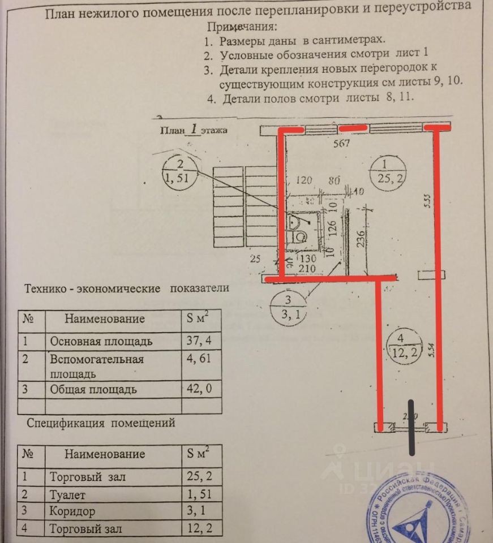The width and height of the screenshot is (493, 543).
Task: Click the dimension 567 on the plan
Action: [x=341, y=143]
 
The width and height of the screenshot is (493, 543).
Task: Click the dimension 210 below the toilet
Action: [x=308, y=268]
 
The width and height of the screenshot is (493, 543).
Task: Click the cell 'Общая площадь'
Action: [x=93, y=390]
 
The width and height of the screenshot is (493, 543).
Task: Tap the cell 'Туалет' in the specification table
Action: [x=68, y=494]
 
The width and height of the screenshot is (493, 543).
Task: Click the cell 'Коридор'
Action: [x=72, y=512]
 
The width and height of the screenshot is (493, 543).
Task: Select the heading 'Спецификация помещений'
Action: [x=101, y=423]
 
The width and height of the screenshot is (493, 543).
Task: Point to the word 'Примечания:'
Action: [x=242, y=27]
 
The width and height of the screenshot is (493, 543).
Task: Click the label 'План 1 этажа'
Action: [x=193, y=130]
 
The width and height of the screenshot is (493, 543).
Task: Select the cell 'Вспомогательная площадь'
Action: [x=96, y=366]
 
